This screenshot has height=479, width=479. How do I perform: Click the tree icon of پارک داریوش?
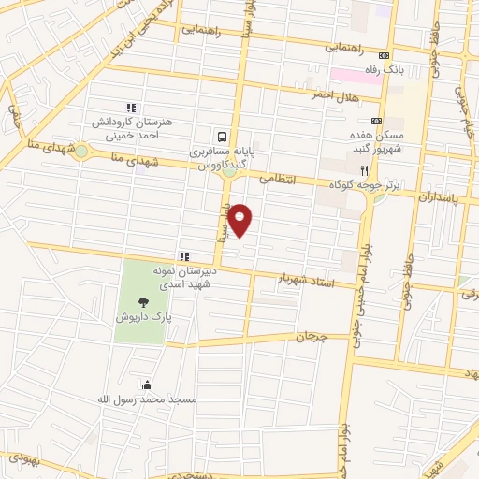pyautogui.click(x=143, y=301)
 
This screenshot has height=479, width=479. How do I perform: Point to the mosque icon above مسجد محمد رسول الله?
pyautogui.click(x=147, y=384)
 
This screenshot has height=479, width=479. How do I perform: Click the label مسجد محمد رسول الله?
pyautogui.click(x=148, y=399)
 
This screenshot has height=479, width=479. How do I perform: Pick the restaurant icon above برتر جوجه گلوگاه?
pyautogui.click(x=365, y=170)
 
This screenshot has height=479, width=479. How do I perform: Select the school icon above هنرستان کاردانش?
pyautogui.click(x=131, y=108)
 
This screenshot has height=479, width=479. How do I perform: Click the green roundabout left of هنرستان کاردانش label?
pyautogui.click(x=82, y=150)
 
